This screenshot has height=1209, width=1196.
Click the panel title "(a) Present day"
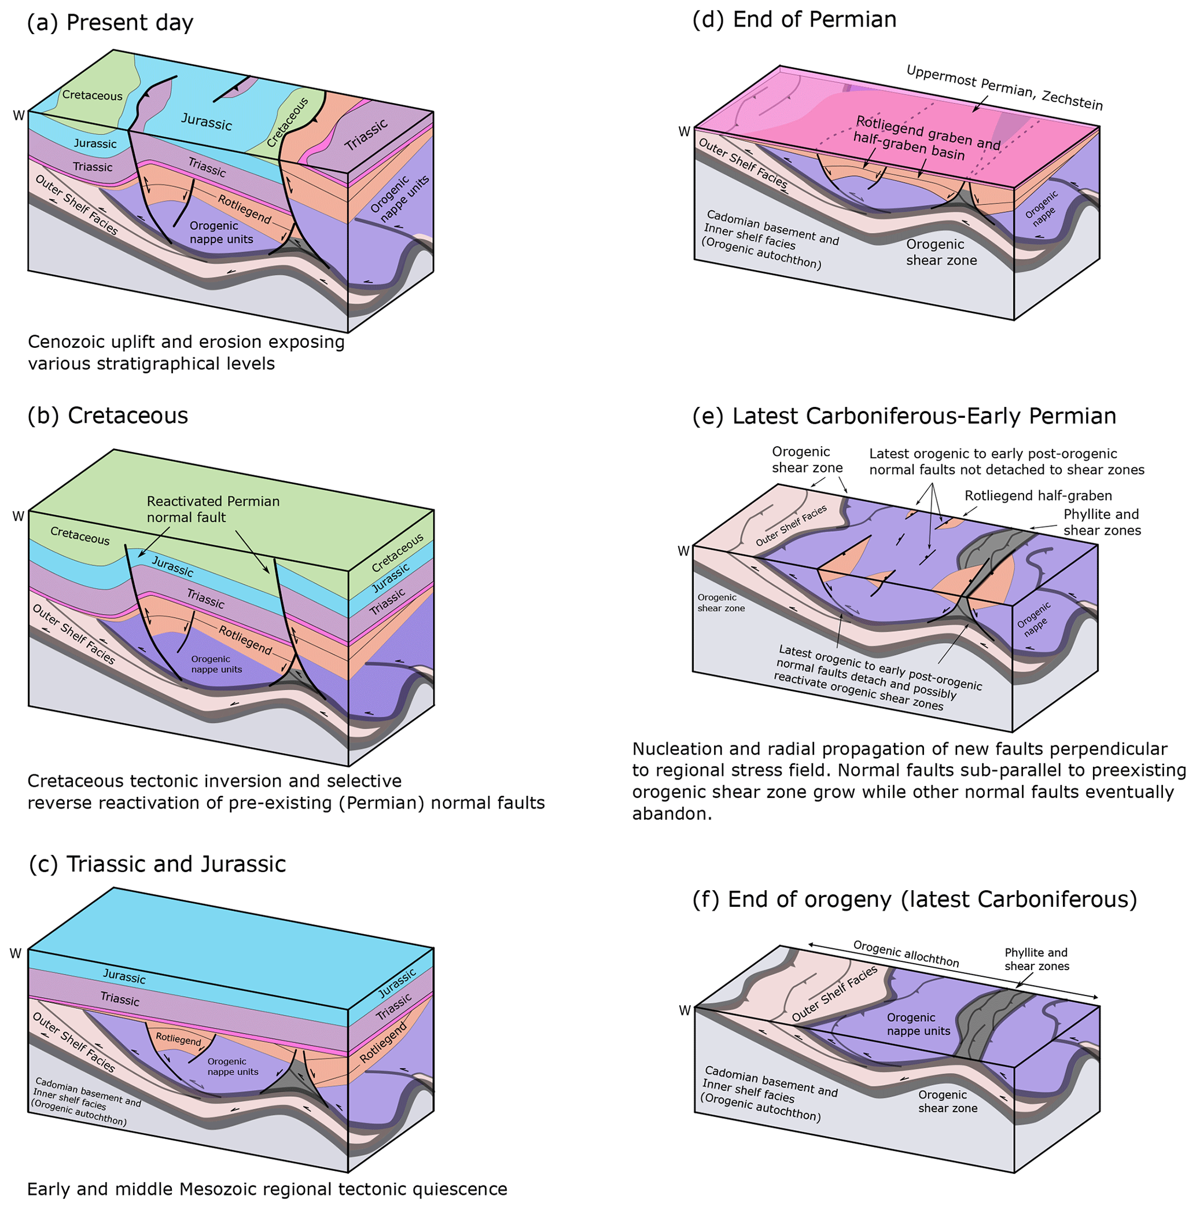coord(110,23)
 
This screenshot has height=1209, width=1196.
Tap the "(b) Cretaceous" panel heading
coord(108,416)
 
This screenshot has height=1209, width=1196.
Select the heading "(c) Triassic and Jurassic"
coord(157,863)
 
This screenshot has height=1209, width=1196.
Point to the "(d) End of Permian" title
coord(794,20)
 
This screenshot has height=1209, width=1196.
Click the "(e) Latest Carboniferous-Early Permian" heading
coord(904,416)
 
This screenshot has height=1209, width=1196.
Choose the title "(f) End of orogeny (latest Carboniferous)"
coord(914,899)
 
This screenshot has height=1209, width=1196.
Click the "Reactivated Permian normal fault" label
coord(213,509)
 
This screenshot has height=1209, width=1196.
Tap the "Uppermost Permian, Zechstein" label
coord(1004,87)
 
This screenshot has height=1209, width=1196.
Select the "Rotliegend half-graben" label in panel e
coord(1037,495)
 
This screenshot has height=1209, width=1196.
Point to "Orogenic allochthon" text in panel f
coord(905,954)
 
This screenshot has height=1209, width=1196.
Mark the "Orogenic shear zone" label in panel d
coord(941,252)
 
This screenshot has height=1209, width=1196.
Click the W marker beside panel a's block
coord(19,115)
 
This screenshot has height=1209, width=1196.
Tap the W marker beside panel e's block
coord(683,552)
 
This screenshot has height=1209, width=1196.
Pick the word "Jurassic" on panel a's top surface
coord(207,122)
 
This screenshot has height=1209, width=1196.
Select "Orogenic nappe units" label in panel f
coord(918,1024)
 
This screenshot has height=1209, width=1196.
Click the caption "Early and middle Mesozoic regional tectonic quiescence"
coord(267,1189)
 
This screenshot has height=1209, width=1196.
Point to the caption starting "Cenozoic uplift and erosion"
coord(186,352)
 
